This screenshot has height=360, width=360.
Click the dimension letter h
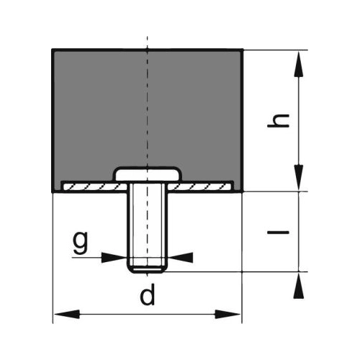click(278, 120)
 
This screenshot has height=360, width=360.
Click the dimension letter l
click(278, 232)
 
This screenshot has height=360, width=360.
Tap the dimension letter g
click(81, 243)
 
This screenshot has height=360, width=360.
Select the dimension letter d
click(148, 294)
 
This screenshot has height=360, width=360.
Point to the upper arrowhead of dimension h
click(299, 64)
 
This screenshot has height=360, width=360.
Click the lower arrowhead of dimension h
click(299, 177)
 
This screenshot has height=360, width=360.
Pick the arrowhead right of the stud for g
click(181, 258)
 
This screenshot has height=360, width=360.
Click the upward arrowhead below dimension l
click(299, 286)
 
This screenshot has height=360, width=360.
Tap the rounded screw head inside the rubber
click(148, 174)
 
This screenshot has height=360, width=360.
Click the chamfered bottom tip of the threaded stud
click(148, 269)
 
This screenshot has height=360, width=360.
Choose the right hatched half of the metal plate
click(200, 186)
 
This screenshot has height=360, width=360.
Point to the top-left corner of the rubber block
click(53, 50)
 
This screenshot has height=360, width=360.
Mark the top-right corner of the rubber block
click(243, 50)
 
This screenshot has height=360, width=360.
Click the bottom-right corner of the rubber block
click(243, 192)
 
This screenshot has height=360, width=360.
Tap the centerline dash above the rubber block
click(148, 42)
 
